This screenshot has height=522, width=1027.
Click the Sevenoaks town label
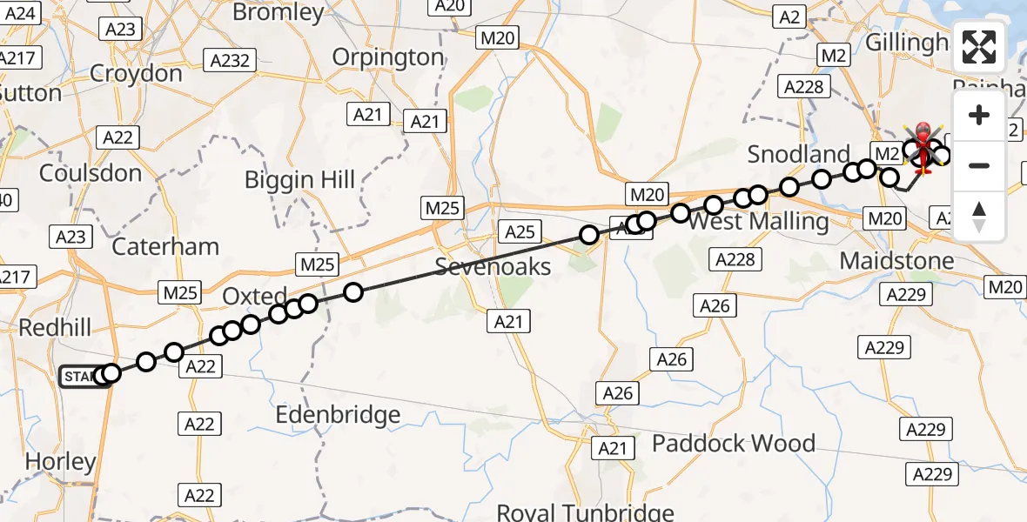pyautogui.click(x=493, y=266)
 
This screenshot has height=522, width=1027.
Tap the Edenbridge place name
pyautogui.click(x=338, y=415)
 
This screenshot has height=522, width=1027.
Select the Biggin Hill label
pyautogui.click(x=299, y=180)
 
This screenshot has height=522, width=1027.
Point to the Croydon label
pyautogui.click(x=136, y=73)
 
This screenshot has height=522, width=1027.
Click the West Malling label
pyautogui.click(x=758, y=221)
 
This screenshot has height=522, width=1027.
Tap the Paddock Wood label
pyautogui.click(x=734, y=443)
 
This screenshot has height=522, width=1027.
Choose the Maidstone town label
pyautogui.click(x=897, y=260)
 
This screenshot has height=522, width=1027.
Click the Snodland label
pyautogui.click(x=799, y=155)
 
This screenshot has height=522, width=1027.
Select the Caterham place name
pyautogui.click(x=165, y=246)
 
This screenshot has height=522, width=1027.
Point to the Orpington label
pyautogui.click(x=388, y=57)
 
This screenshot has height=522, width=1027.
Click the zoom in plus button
pyautogui.click(x=979, y=116)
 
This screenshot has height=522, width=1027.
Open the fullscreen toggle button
pyautogui.click(x=979, y=47)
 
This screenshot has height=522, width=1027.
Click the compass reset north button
pyautogui.click(x=979, y=215)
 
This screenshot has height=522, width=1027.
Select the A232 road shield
pyautogui.click(x=230, y=61)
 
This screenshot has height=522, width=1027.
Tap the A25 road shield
pyautogui.click(x=520, y=231)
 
